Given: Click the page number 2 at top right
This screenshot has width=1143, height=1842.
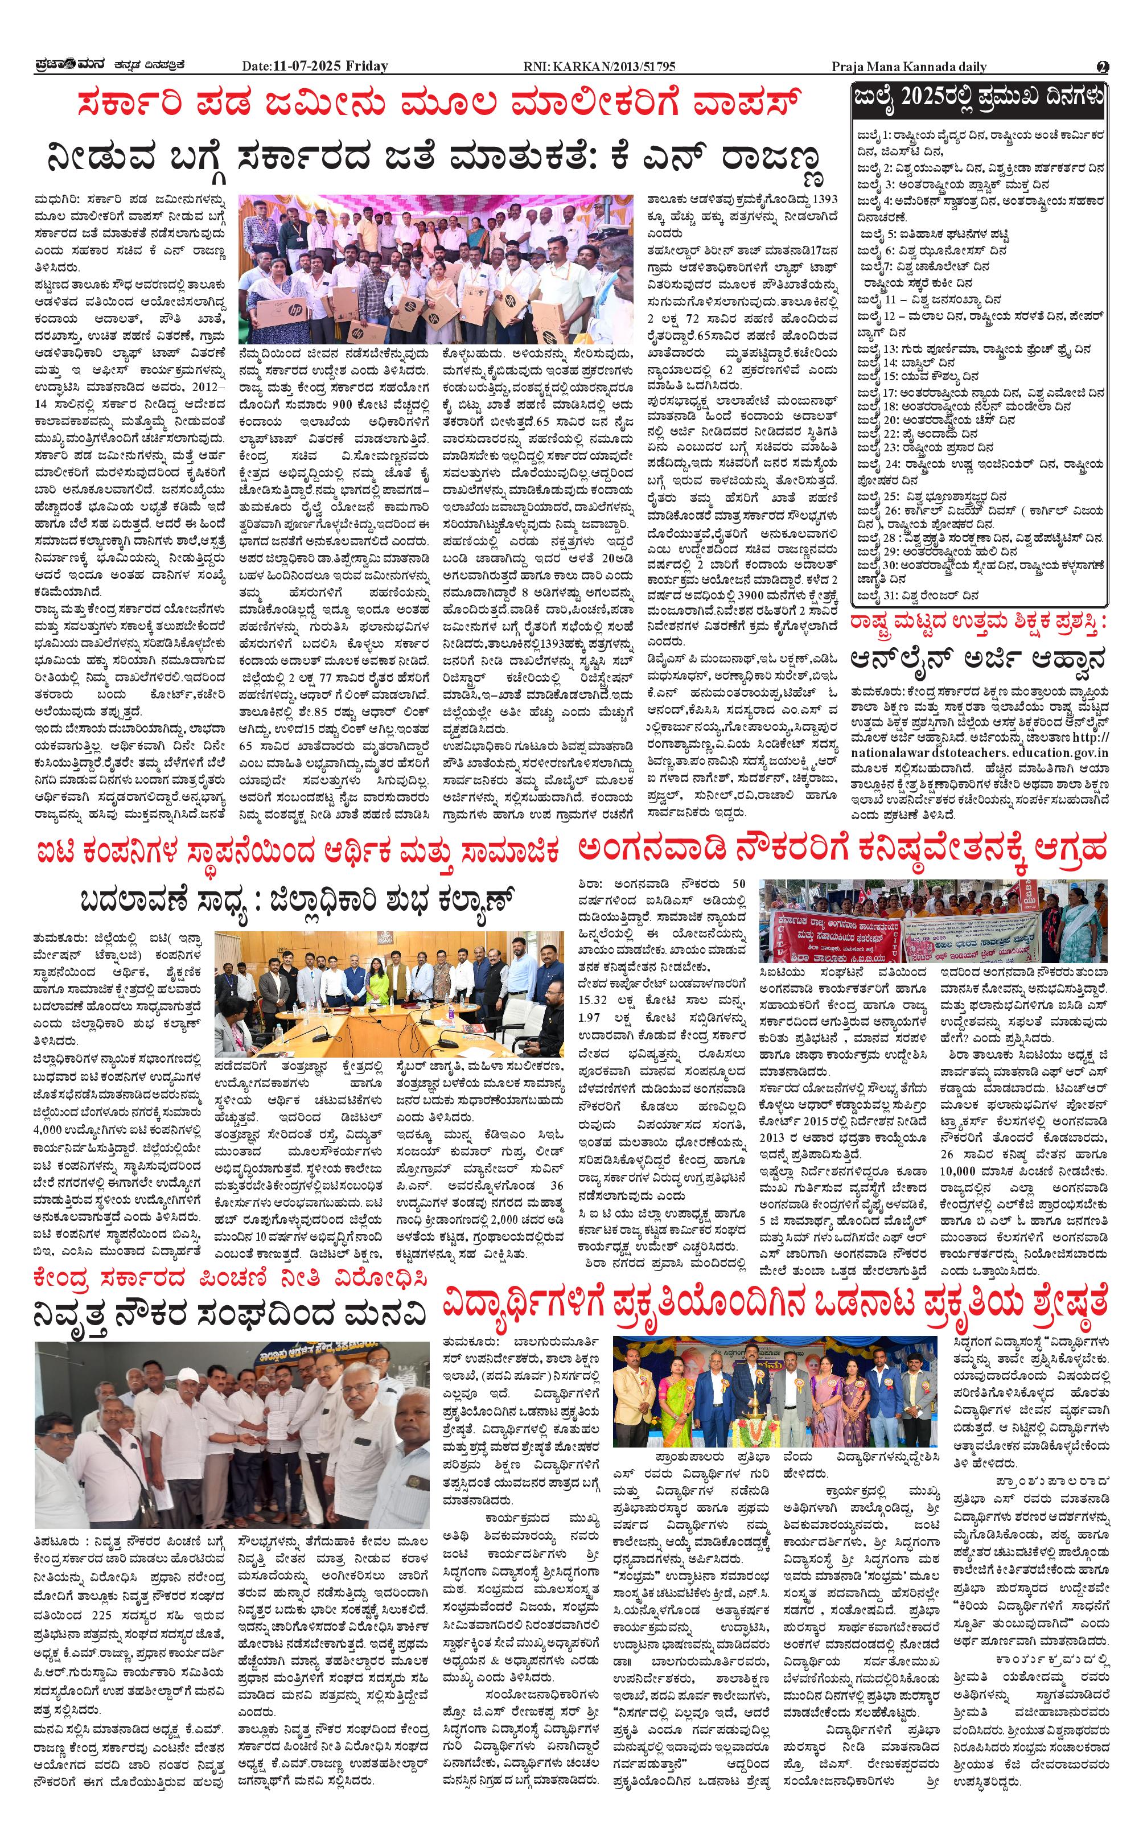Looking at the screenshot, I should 1102,67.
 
